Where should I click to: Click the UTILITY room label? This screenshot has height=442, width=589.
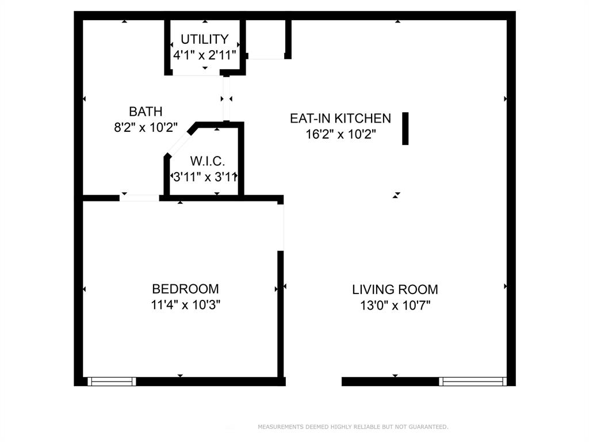(x=204, y=39)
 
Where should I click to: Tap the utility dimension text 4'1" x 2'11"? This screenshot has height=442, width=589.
(x=205, y=55)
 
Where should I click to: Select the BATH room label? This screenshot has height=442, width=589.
(x=146, y=112)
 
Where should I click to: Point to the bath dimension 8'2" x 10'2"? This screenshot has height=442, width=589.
(x=146, y=127)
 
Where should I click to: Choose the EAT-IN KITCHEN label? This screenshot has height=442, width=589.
(x=340, y=119)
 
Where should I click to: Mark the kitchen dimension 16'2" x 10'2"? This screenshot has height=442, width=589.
(x=340, y=135)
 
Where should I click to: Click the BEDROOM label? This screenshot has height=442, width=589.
(x=185, y=289)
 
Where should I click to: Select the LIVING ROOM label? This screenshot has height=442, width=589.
(x=395, y=289)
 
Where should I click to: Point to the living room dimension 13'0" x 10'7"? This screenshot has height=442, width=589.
(x=395, y=306)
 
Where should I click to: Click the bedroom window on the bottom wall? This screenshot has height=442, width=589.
(x=112, y=381)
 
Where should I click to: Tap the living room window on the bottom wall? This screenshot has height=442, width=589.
(x=473, y=381)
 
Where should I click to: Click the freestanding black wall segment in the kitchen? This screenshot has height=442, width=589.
(x=405, y=128)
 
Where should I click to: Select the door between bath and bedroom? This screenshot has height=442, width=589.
(x=139, y=198)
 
